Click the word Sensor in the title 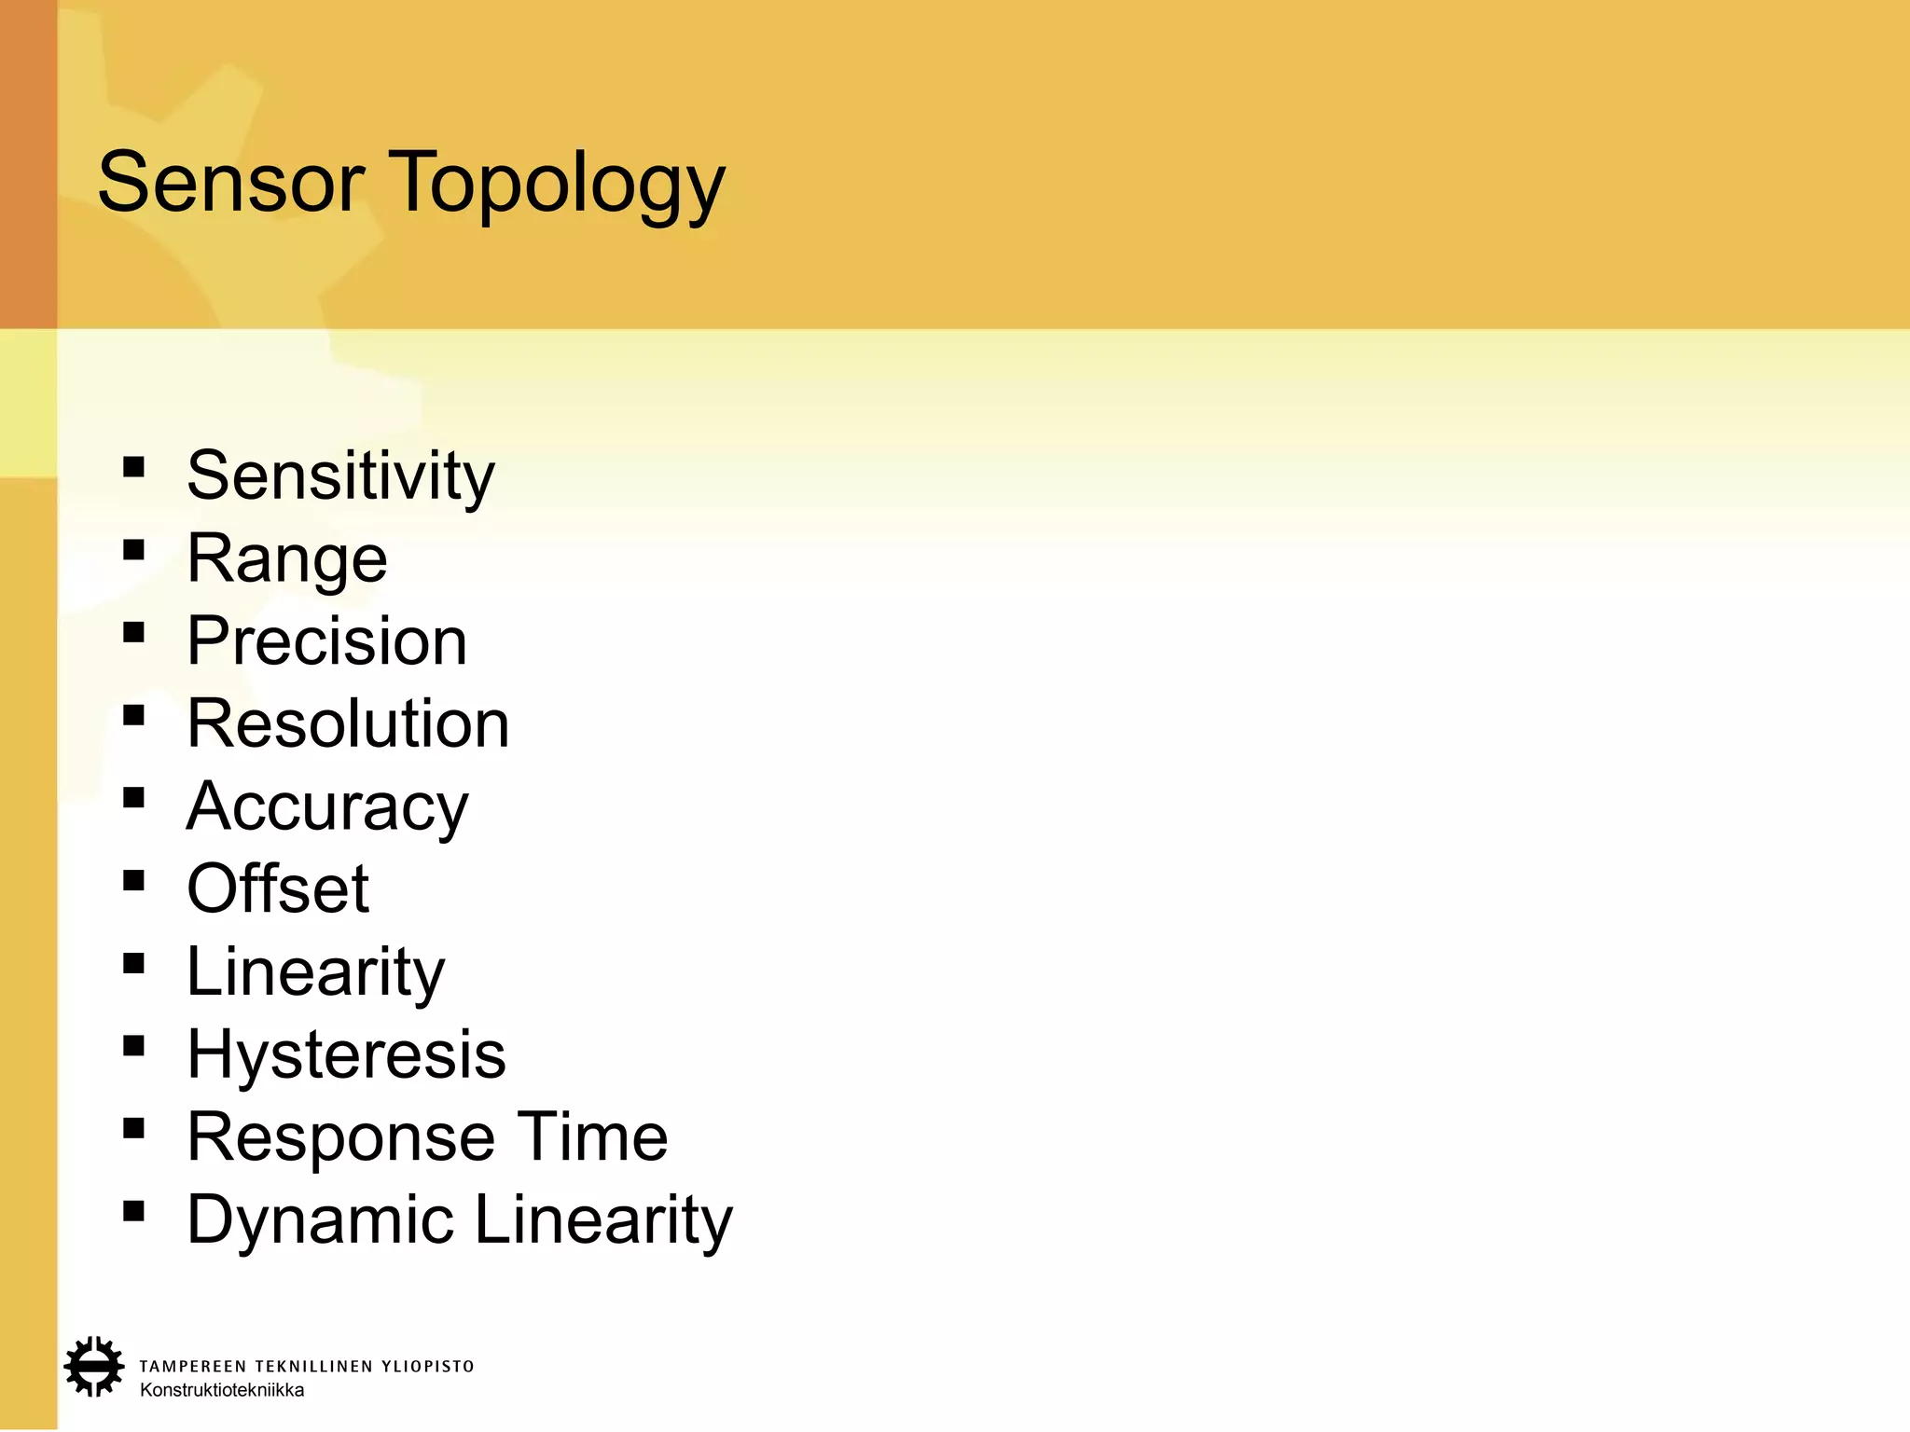230,183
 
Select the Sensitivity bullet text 340,476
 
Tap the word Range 287,559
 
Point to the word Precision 326,641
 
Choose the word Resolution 348,723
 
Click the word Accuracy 327,807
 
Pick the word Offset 278,888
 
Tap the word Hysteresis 346,1054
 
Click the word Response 340,1138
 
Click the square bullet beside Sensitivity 133,466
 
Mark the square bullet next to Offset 133,880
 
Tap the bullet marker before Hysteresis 133,1046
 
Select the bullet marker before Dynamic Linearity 133,1211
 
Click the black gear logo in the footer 93,1367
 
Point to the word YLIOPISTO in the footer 428,1367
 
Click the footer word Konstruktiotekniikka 222,1390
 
